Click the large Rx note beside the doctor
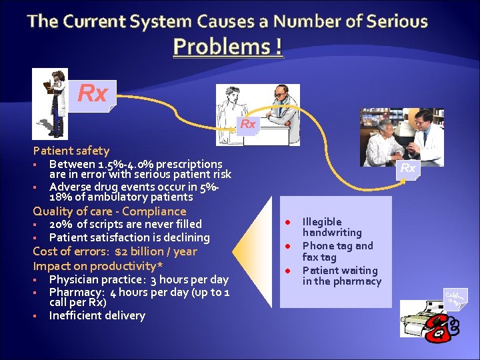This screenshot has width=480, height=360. coord(93,94)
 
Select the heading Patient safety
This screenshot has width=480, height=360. coord(71,151)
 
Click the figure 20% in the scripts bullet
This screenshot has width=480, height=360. coord(61,224)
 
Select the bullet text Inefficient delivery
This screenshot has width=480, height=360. coord(97,315)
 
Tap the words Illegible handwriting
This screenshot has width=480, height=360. coord(331,227)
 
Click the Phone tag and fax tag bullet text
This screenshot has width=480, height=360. coord(337,251)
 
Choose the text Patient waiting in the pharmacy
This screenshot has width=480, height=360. coord(341,275)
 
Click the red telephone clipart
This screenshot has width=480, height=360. coord(441,327)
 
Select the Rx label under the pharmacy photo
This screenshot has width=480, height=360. coord(407,169)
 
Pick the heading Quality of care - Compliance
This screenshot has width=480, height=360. coord(109,211)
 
